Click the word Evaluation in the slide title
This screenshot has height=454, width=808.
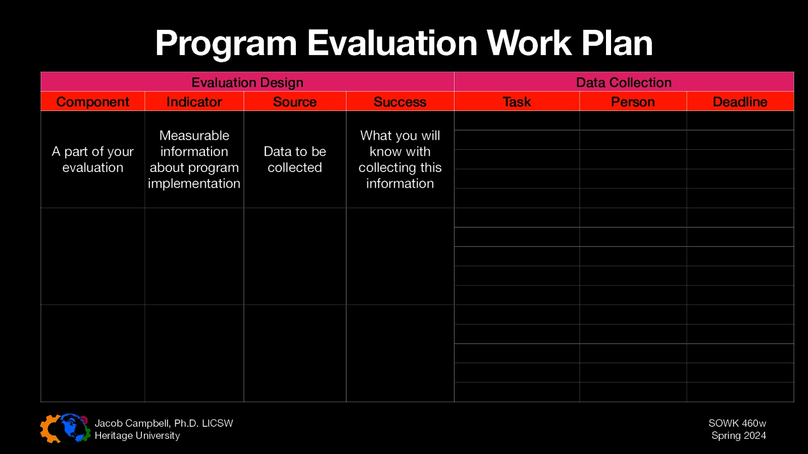click(392, 43)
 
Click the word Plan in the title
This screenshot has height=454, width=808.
click(617, 43)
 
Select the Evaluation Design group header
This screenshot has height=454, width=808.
click(247, 82)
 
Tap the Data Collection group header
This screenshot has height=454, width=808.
click(624, 82)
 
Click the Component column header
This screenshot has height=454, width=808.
click(93, 102)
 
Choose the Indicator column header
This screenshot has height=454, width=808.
click(194, 102)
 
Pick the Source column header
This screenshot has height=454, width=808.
click(295, 102)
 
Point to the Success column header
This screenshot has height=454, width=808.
click(400, 102)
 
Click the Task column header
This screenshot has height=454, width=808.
click(517, 102)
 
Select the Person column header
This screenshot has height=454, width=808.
click(633, 102)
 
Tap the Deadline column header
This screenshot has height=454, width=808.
click(740, 102)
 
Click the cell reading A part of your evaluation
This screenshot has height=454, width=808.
click(93, 159)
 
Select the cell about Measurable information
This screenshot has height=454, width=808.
click(194, 159)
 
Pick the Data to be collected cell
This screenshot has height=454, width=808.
click(295, 159)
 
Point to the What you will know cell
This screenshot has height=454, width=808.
click(400, 159)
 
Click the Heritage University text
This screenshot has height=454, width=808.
click(137, 435)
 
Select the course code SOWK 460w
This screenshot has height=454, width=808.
click(737, 423)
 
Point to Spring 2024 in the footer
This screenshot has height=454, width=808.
click(738, 435)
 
